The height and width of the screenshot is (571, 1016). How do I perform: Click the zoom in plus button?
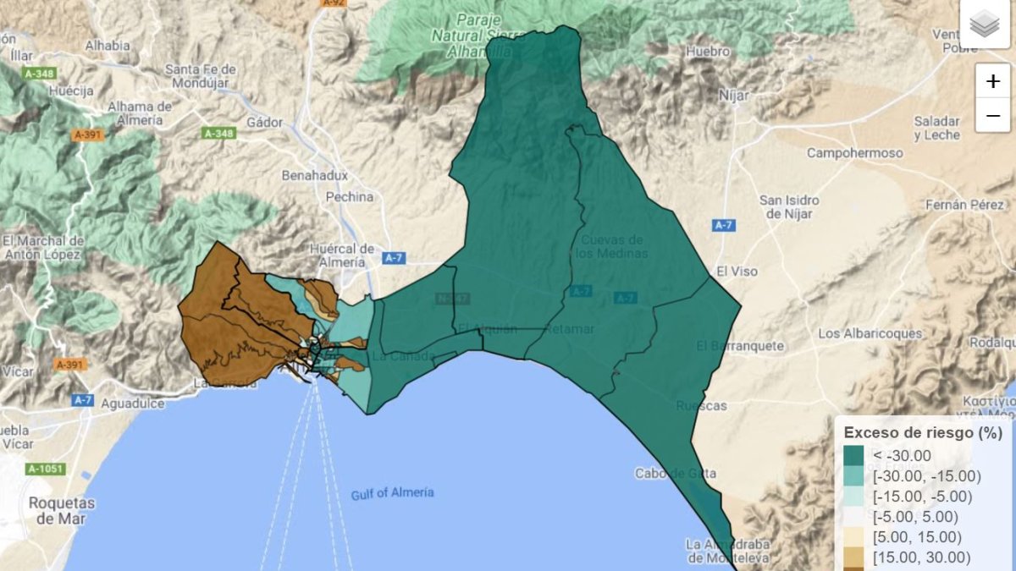pyautogui.click(x=992, y=82)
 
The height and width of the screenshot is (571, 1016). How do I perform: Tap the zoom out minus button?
pyautogui.click(x=992, y=115)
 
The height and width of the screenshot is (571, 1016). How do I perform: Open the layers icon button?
pyautogui.click(x=985, y=25)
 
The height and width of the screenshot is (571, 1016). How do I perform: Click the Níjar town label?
pyautogui.click(x=732, y=96)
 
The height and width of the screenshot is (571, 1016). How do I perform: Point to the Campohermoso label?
pyautogui.click(x=854, y=153)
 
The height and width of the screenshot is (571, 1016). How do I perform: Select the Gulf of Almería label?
pyautogui.click(x=392, y=492)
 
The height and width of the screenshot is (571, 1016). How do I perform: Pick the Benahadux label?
pyautogui.click(x=315, y=175)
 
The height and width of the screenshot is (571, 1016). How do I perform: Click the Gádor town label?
pyautogui.click(x=264, y=122)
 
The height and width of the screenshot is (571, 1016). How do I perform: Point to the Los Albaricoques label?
pyautogui.click(x=870, y=333)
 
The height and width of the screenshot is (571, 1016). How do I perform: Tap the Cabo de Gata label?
pyautogui.click(x=675, y=474)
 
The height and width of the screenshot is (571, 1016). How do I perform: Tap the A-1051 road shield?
pyautogui.click(x=46, y=469)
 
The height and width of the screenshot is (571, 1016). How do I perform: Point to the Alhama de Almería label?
pyautogui.click(x=140, y=113)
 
